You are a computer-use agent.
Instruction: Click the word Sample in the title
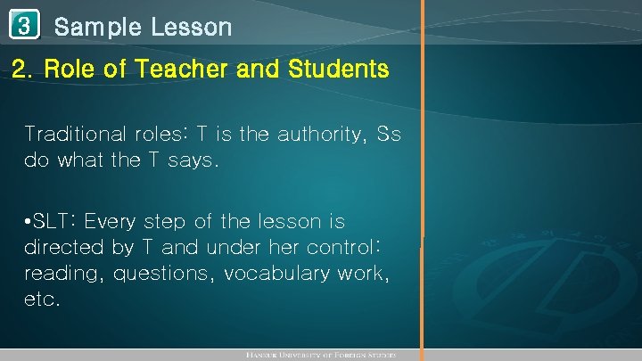pos(97,27)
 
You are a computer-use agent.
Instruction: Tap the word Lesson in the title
pos(191,27)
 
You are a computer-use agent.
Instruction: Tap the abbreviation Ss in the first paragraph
pos(389,135)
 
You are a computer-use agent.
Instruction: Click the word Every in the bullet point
pos(114,220)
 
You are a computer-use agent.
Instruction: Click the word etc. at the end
pos(43,299)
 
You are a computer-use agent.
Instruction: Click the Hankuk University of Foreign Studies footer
pos(320,356)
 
